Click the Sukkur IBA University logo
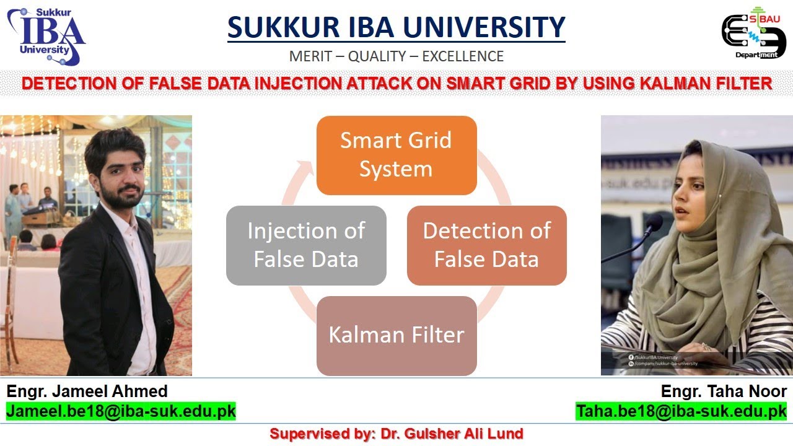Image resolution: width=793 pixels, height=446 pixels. point(46,36)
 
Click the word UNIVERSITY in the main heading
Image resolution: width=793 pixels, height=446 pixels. point(489,27)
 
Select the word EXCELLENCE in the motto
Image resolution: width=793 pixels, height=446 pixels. point(463,56)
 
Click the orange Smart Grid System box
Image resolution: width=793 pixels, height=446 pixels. point(396,155)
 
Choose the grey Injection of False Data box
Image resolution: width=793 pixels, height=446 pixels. point(306,245)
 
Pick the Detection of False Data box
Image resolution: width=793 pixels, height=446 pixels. point(486,245)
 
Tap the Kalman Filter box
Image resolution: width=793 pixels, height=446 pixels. point(396,335)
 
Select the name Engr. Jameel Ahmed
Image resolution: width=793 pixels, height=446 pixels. point(87,391)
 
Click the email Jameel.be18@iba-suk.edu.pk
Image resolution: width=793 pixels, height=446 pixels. point(121,411)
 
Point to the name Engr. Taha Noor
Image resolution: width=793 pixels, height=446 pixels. point(724,391)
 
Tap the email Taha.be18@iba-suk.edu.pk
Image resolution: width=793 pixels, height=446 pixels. point(681,411)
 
